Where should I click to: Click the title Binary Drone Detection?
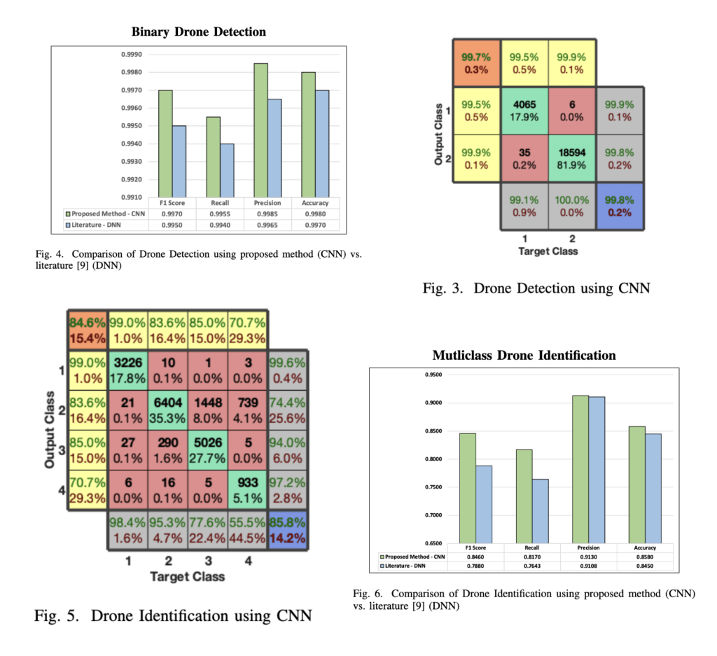199,32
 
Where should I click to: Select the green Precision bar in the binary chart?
260,130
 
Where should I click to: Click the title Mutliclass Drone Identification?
524,356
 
